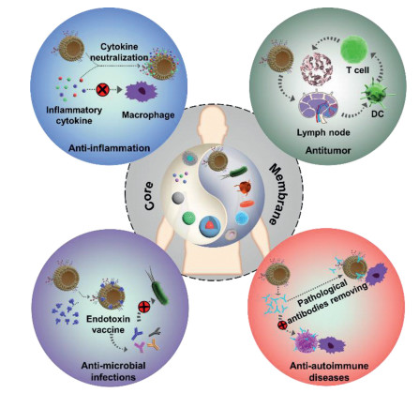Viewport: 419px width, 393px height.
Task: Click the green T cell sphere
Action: click(354, 50)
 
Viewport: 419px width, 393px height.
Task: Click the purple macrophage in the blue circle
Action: click(142, 90)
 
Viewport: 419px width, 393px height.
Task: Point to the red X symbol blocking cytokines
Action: click(102, 90)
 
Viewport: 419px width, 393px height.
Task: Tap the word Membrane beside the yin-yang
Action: click(277, 195)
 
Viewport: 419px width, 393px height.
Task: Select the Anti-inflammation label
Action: click(109, 148)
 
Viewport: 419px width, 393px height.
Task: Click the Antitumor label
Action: click(328, 151)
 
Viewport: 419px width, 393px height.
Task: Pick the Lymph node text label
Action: click(323, 132)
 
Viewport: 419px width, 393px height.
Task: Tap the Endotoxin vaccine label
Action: click(108, 325)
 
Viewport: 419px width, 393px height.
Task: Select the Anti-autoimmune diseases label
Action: click(329, 371)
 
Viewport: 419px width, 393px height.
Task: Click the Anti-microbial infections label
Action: click(113, 371)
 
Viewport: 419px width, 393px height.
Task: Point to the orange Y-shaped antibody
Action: click(153, 344)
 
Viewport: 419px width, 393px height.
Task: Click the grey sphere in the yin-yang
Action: click(178, 199)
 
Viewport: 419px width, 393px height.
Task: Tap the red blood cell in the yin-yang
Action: click(247, 204)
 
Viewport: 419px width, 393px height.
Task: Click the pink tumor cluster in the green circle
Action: click(316, 68)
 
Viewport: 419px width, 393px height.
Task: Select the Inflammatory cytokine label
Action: click(74, 115)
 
